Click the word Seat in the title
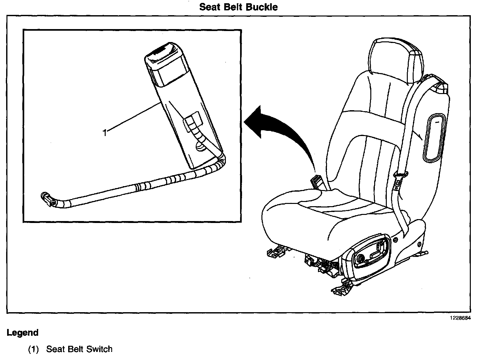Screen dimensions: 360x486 [x=209, y=7]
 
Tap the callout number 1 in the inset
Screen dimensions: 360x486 [x=104, y=132]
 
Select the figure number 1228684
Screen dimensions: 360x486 [x=460, y=318]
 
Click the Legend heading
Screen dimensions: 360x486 [x=23, y=333]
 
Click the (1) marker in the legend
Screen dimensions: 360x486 [x=33, y=349]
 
